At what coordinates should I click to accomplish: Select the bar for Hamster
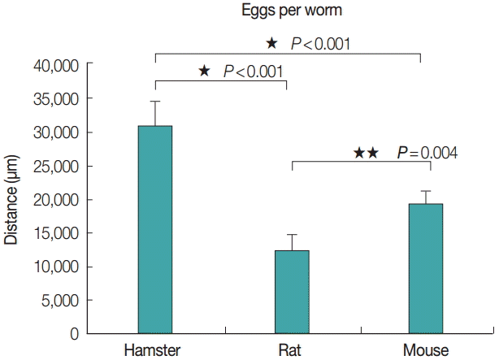pos(154,229)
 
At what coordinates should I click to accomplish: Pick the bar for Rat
pos(291,292)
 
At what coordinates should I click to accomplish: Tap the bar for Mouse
pos(425,268)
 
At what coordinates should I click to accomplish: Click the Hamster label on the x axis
pos(152,350)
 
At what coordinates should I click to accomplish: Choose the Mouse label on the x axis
pos(425,350)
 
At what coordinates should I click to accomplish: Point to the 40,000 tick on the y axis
pos(54,65)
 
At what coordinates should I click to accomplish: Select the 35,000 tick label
pos(54,98)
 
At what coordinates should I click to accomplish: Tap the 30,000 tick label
pos(54,132)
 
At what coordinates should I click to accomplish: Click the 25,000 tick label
pos(54,166)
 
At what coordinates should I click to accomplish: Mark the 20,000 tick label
pos(54,199)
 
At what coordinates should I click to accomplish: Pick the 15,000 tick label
pos(54,233)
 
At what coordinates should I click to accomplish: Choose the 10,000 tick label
pos(54,267)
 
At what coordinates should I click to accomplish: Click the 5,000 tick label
pos(59,300)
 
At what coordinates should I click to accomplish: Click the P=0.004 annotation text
pos(427,152)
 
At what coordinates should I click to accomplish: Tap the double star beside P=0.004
pos(366,152)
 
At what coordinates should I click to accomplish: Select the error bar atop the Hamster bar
pos(154,113)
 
